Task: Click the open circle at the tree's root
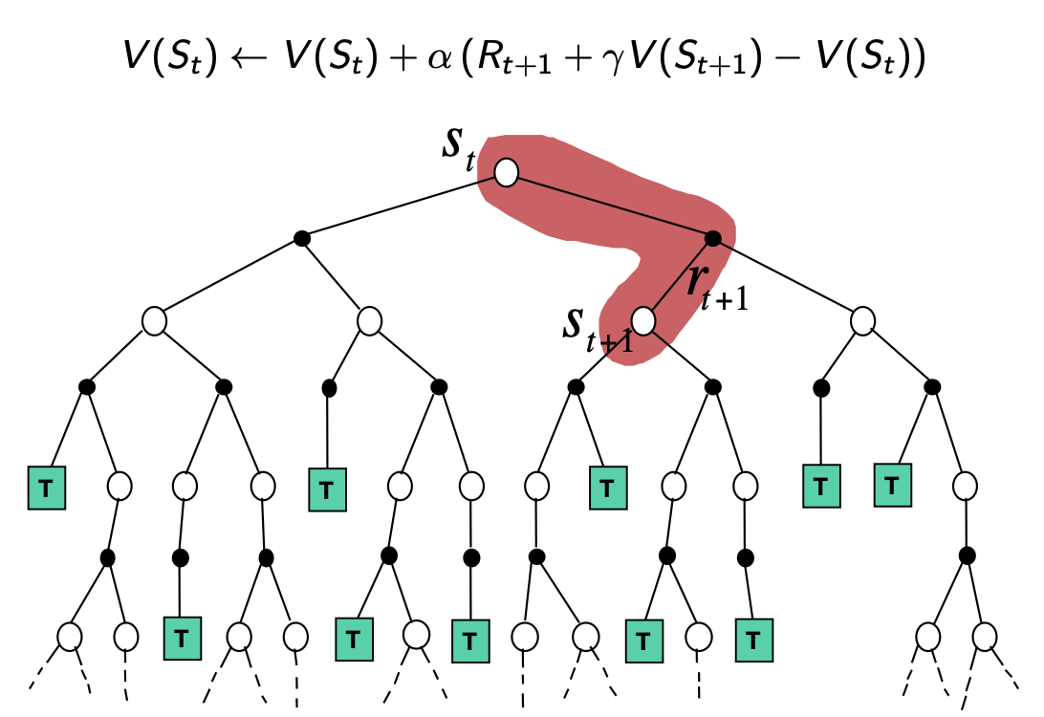[x=506, y=173]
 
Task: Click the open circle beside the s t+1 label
[x=642, y=320]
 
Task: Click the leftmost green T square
[x=44, y=489]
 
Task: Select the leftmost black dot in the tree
[x=85, y=386]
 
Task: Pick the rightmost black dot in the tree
[x=967, y=554]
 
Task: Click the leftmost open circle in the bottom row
[x=69, y=635]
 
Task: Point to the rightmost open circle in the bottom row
[x=984, y=635]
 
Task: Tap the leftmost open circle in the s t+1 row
[x=155, y=320]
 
